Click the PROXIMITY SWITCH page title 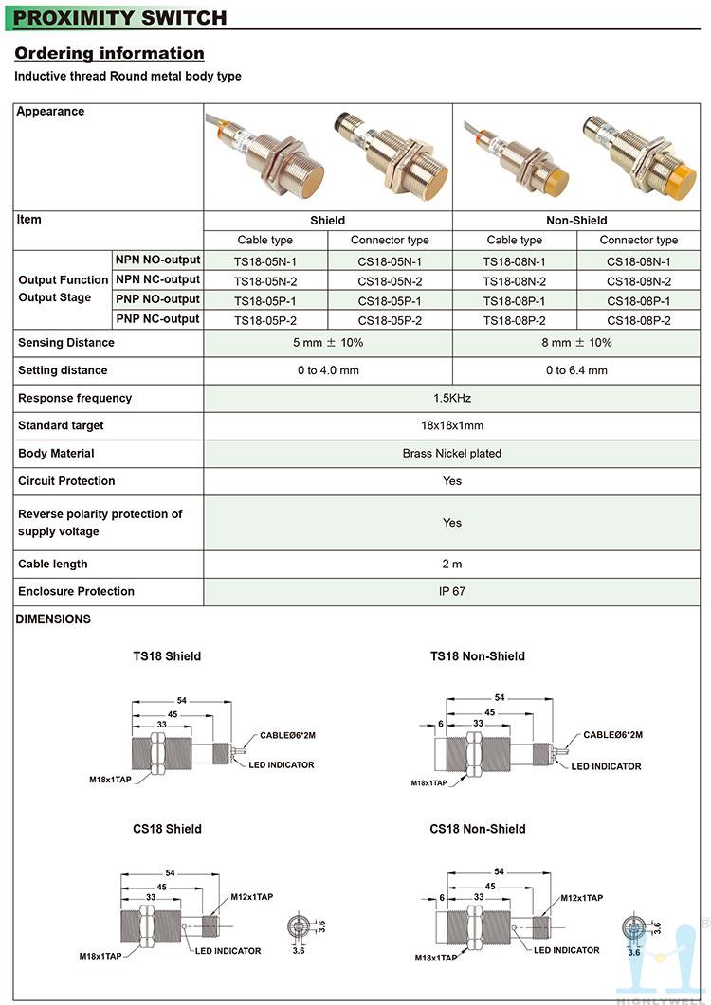[x=120, y=17]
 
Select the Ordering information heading [x=109, y=53]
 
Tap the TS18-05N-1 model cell [x=265, y=261]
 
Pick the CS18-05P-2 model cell [x=390, y=320]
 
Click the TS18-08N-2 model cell [x=515, y=281]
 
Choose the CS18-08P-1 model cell [x=639, y=300]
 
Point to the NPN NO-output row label [x=157, y=260]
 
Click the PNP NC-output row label [x=157, y=319]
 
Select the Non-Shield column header [x=576, y=221]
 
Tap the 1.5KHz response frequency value [x=452, y=398]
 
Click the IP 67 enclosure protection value [x=452, y=591]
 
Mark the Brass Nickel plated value [x=452, y=454]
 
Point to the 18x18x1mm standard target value [x=452, y=426]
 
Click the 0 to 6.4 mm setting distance [x=576, y=370]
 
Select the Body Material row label [x=57, y=454]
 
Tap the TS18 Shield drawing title [x=167, y=656]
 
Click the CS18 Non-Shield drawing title [x=477, y=829]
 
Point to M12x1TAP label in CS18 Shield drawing [x=251, y=897]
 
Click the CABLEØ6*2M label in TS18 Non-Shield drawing [x=612, y=734]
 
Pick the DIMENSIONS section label [x=54, y=619]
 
